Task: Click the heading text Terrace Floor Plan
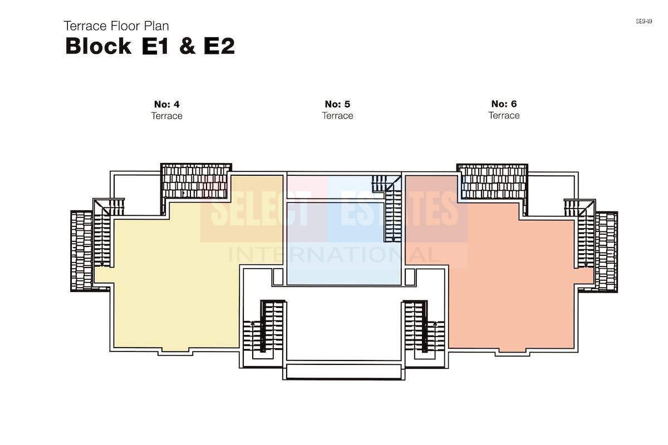tap(116, 26)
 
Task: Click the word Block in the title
tap(98, 46)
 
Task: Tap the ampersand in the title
tap(188, 46)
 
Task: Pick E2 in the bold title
tap(219, 46)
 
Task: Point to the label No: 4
tap(166, 105)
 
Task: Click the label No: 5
tap(337, 104)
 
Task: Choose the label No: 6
tap(504, 103)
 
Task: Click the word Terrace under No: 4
tap(166, 116)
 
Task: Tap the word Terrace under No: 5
tap(337, 115)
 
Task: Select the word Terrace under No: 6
tap(504, 115)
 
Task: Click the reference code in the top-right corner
tap(644, 21)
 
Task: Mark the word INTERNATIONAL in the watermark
tap(334, 255)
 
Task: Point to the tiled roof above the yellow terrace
tap(195, 181)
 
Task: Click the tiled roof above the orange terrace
tap(492, 181)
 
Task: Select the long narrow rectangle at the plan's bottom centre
tap(343, 372)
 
